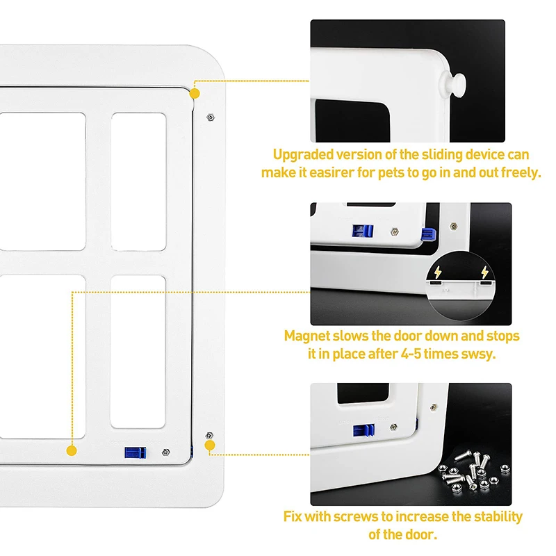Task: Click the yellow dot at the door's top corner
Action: (195, 92)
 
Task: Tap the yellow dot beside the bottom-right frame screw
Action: (210, 443)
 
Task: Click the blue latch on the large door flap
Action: (135, 452)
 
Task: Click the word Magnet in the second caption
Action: (306, 336)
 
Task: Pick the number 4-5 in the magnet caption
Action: (413, 354)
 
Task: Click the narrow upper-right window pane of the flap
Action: (138, 180)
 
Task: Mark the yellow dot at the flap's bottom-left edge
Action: (72, 450)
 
